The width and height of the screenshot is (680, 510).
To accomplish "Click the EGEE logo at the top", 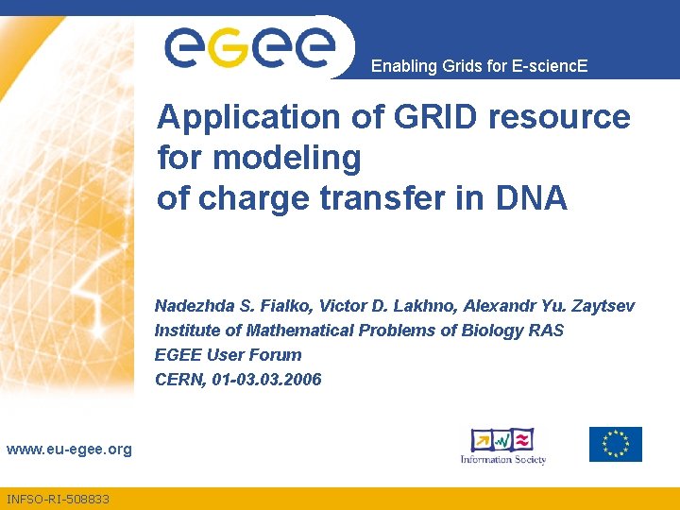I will [x=250, y=46].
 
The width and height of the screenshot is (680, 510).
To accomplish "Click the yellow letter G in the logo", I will [x=225, y=47].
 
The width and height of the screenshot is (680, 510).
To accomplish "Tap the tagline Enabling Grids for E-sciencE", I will [x=479, y=66].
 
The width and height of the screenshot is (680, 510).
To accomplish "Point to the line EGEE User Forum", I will [x=229, y=355].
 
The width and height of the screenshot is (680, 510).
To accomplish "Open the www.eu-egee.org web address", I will [x=69, y=450].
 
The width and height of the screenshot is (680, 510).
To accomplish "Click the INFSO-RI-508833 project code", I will [x=58, y=499].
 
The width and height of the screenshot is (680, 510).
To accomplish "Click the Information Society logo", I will [x=503, y=446].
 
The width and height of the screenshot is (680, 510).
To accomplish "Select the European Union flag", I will [x=616, y=444].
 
